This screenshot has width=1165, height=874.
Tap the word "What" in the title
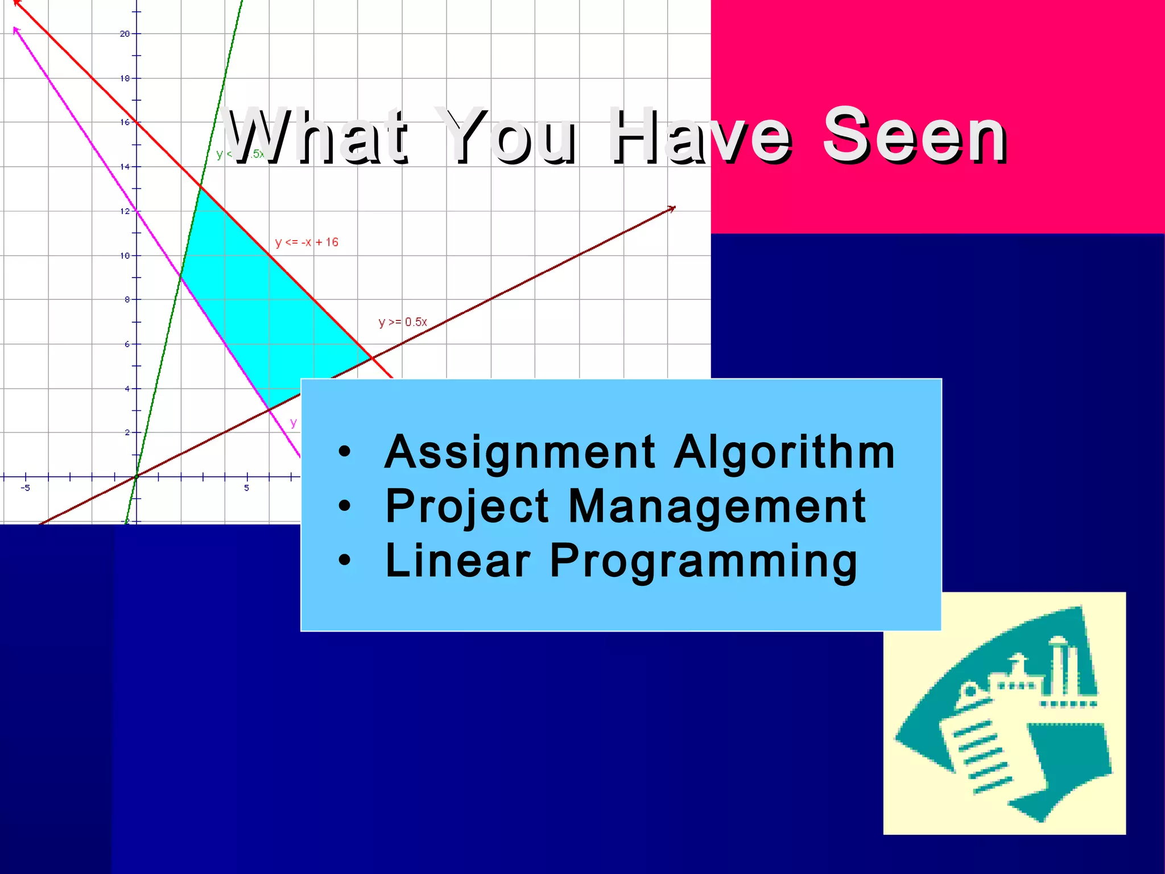coord(316,137)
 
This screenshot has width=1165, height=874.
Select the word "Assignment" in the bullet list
coord(520,452)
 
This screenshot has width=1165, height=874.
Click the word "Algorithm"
coord(785,452)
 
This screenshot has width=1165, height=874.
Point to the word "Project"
coord(467,506)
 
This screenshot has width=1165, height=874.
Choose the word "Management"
coord(717,506)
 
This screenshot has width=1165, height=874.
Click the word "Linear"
coord(458,560)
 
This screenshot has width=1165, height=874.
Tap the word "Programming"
coord(703,562)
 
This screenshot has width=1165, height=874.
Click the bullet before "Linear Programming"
coord(344,560)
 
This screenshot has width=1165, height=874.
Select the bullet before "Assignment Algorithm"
coord(344,452)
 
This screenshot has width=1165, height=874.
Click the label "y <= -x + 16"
coord(307,242)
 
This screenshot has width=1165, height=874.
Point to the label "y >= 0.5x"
coord(403,322)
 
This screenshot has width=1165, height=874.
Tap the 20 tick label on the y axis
coord(125,34)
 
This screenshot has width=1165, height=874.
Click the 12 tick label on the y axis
coord(125,211)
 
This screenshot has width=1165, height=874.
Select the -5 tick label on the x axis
coord(26,488)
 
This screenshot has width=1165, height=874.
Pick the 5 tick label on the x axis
coord(246,488)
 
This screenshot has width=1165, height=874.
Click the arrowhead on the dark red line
coord(672,209)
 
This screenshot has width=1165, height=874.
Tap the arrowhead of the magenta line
coord(16,29)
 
